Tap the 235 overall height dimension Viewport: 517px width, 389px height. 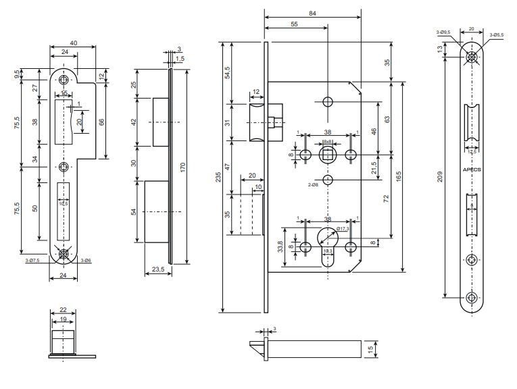click(x=218, y=178)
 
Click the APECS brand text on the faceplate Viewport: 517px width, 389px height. click(x=472, y=170)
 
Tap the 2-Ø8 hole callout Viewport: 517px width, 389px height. click(x=314, y=184)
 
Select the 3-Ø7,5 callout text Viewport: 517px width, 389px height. click(x=31, y=259)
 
